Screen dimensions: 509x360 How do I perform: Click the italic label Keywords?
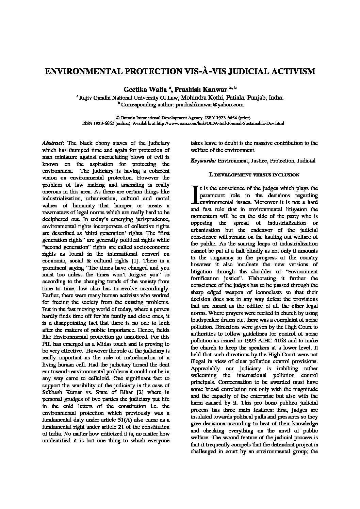(x=203, y=160)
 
